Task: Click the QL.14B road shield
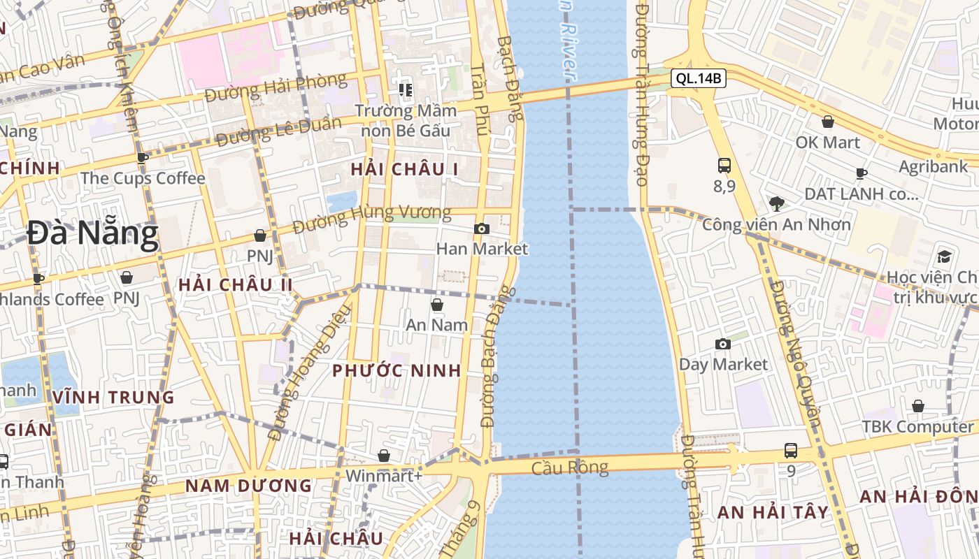coord(698,78)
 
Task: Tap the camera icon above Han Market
coord(481,228)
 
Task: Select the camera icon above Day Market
coord(723,344)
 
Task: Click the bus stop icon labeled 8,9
coord(724,166)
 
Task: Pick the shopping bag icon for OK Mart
coord(828,122)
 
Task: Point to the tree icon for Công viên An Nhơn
coord(776,204)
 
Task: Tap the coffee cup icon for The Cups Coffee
coord(143,158)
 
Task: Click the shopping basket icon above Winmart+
coord(384,456)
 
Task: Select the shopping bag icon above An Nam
coord(437,305)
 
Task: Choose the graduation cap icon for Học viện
coord(944,256)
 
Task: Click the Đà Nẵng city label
coord(92,234)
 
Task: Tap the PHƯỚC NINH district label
coord(396,370)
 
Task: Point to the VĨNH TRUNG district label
coord(113,398)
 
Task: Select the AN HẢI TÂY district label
coord(773,512)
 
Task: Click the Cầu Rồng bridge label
coord(569,467)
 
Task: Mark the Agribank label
coord(933,166)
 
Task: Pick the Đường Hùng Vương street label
coord(372,219)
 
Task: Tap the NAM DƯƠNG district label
coord(248,486)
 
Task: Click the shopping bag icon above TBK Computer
coord(918,406)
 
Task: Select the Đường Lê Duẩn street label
coord(278,131)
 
